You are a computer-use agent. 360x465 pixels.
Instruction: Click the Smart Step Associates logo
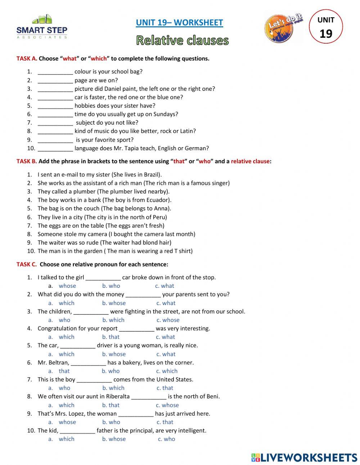42,27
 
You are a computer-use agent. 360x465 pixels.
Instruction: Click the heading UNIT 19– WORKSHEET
179,23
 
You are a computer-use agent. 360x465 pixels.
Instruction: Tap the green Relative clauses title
182,40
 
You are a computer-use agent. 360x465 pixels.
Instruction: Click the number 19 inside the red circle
326,33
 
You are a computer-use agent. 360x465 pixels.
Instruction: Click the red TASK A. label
27,58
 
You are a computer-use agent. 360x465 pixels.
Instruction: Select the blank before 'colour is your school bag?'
55,72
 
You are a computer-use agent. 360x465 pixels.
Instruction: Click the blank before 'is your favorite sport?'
55,140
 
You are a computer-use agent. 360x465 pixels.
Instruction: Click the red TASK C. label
26,264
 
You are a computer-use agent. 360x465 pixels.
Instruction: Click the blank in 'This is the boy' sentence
94,380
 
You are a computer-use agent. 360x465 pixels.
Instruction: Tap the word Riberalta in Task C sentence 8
118,397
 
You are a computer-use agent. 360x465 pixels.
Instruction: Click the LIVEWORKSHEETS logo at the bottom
304,457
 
